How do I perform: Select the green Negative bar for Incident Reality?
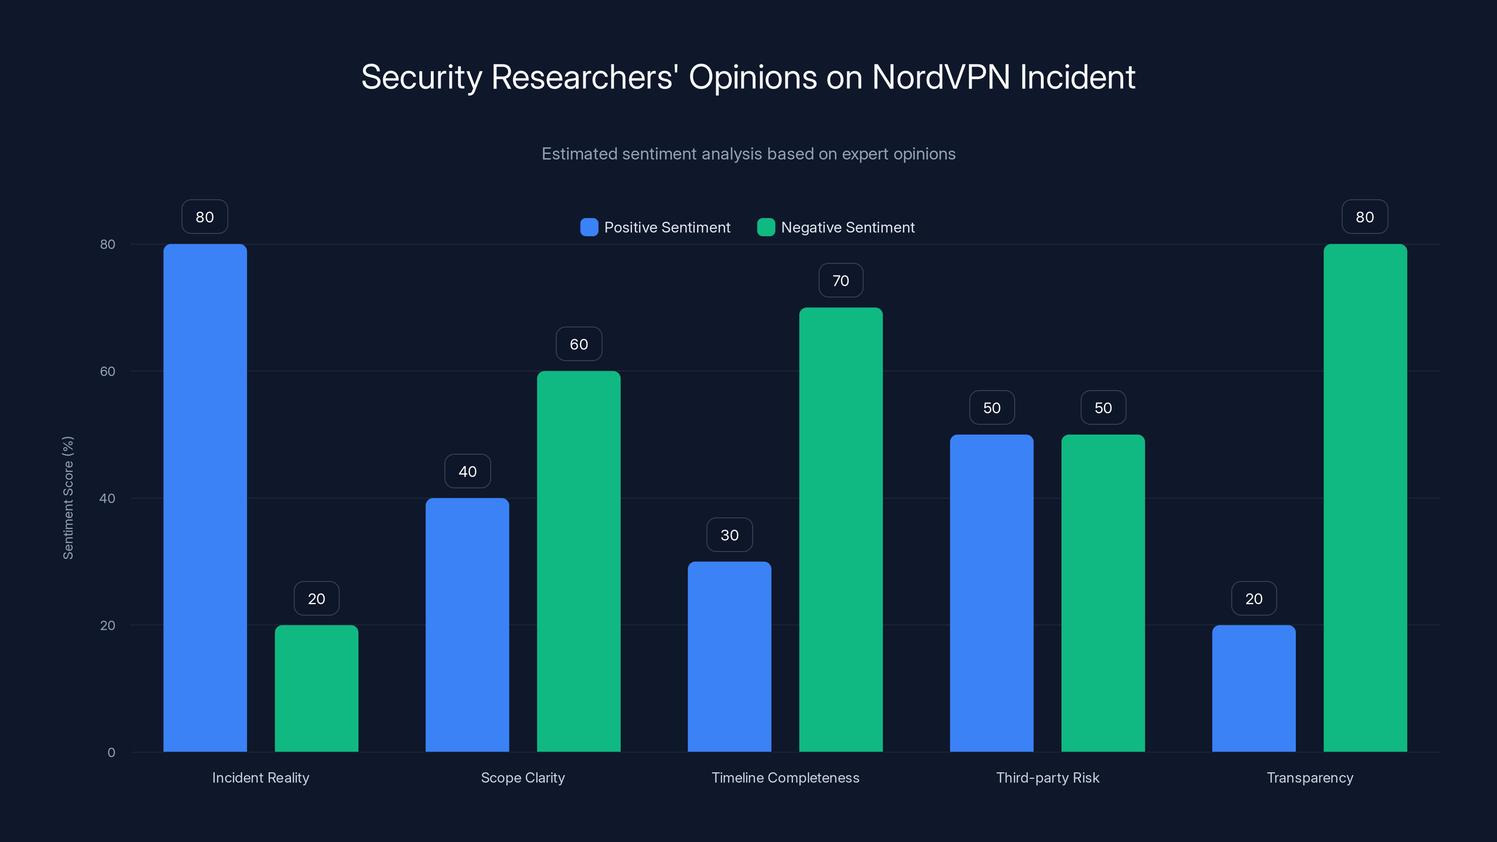[x=316, y=688]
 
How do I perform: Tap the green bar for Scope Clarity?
[x=578, y=561]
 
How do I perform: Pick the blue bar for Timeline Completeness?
[x=729, y=657]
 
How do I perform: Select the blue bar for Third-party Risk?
[x=991, y=593]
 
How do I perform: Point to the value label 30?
[x=729, y=535]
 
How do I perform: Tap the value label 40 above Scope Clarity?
[x=467, y=471]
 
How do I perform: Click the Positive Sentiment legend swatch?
[x=589, y=227]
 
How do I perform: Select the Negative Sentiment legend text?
[x=847, y=227]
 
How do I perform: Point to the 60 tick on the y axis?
[x=108, y=371]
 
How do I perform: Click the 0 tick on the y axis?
[x=111, y=753]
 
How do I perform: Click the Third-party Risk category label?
[x=1047, y=777]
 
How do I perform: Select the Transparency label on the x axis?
[x=1309, y=777]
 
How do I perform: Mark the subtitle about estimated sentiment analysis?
[x=748, y=154]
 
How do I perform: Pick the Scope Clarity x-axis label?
[x=523, y=777]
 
